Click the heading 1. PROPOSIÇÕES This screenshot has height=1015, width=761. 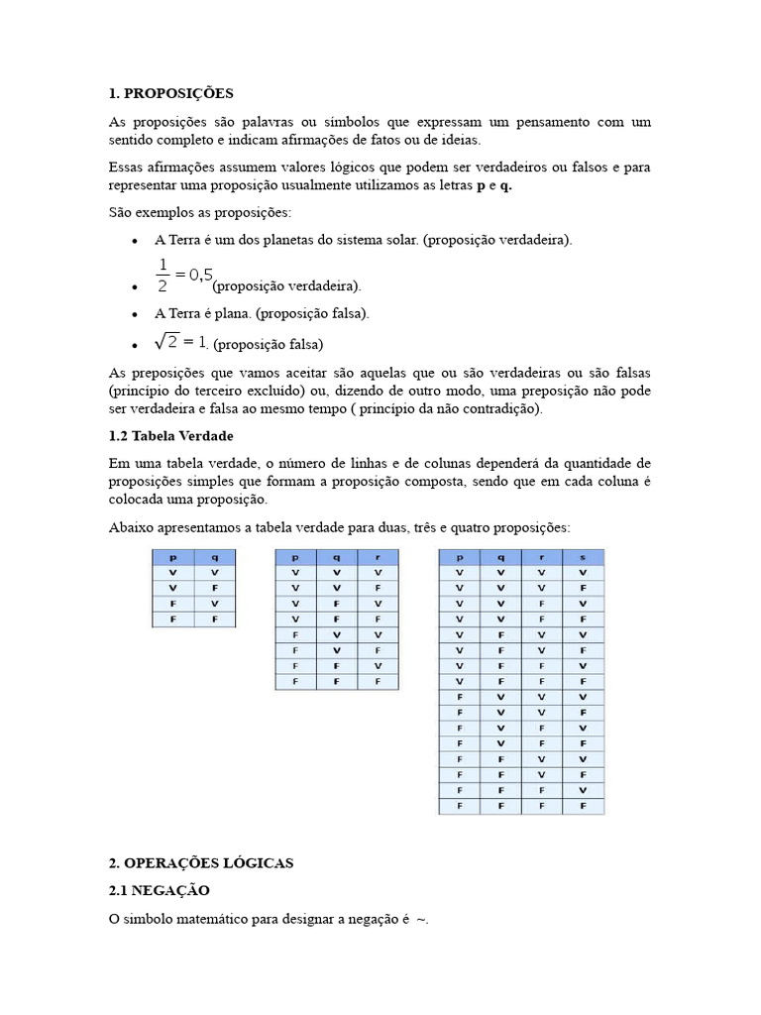(x=170, y=93)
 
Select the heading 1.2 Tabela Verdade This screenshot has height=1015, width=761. (x=170, y=436)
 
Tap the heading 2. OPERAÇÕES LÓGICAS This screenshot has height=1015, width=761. (x=201, y=863)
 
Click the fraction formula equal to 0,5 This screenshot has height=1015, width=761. (x=183, y=276)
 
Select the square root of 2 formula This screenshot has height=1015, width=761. (x=180, y=342)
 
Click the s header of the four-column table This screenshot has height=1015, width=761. (x=583, y=558)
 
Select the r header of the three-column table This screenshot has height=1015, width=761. (x=377, y=558)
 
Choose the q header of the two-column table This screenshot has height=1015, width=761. (x=214, y=558)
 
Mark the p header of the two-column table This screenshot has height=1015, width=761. (x=172, y=558)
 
